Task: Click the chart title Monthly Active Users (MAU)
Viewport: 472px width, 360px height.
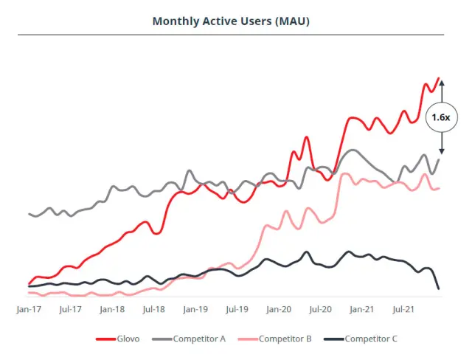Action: tap(231, 21)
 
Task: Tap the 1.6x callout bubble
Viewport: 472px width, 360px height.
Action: tap(441, 117)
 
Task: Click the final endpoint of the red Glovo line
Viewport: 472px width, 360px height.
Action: tap(439, 78)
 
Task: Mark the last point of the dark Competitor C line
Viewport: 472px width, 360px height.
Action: tap(439, 288)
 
